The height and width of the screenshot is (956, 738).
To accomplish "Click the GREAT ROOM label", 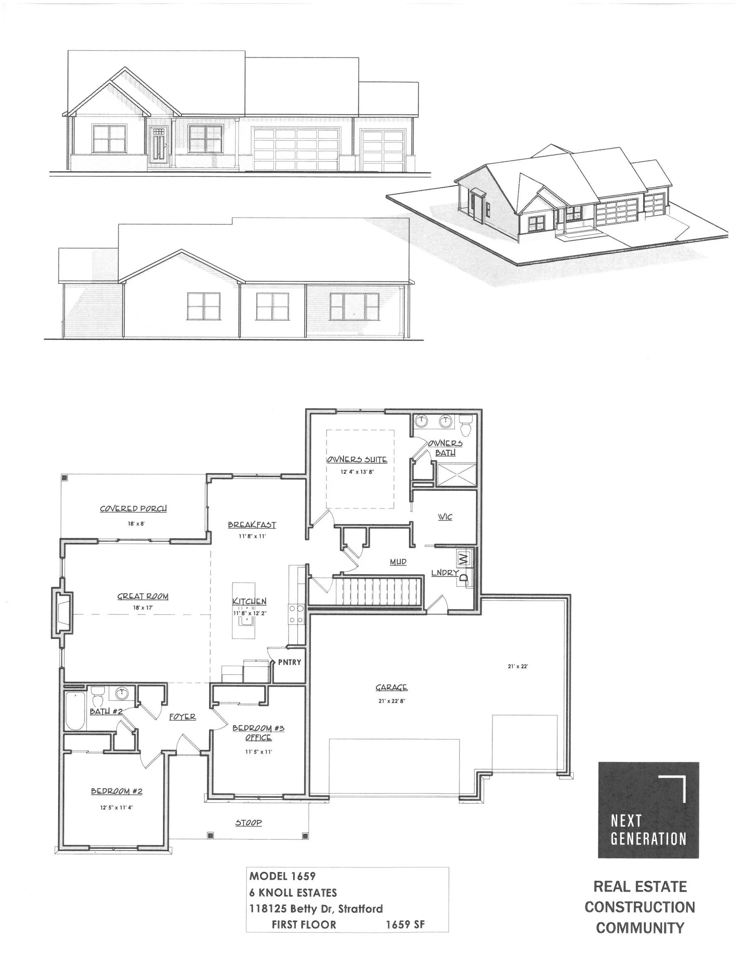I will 143,596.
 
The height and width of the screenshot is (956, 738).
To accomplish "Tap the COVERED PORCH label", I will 133,509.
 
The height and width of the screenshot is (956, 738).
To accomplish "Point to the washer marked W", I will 463,558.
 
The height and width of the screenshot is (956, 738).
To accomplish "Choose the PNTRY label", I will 289,662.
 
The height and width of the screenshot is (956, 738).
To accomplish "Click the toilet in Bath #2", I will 97,696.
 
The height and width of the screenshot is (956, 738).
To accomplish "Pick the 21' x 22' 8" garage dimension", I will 391,701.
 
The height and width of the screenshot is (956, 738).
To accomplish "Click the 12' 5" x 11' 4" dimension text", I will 117,807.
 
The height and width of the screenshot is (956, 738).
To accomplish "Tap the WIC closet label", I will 445,517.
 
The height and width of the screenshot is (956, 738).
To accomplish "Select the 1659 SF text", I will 405,924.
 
